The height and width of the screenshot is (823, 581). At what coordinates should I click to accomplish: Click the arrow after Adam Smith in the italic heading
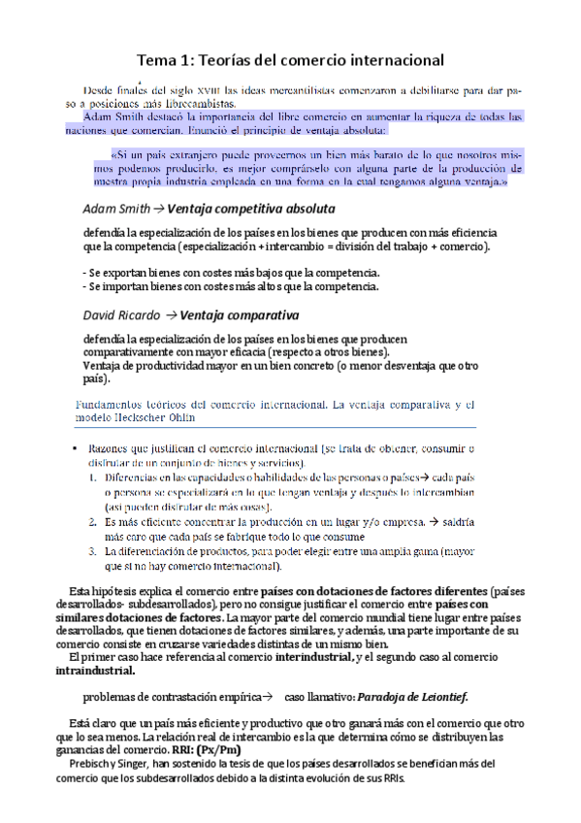tap(159, 209)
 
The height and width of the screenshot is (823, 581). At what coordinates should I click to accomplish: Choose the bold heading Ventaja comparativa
tap(240, 314)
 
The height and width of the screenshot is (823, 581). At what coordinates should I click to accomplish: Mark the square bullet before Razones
tap(75, 448)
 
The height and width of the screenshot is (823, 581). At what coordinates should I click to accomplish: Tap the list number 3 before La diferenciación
tap(93, 550)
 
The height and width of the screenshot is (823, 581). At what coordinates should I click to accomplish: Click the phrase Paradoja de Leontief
tap(413, 696)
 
